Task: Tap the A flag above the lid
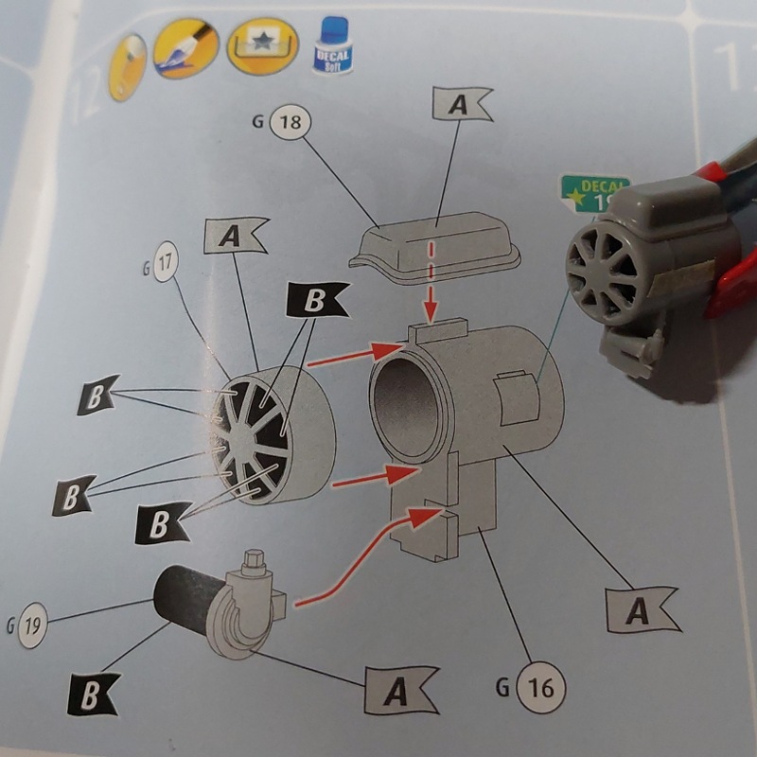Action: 461,105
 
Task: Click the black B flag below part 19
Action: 94,696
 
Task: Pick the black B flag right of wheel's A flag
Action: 315,302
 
